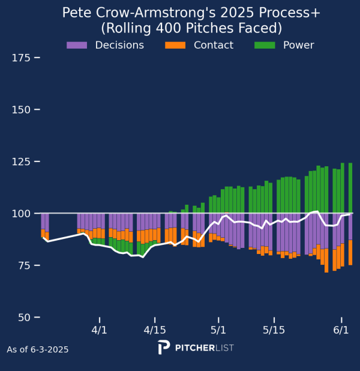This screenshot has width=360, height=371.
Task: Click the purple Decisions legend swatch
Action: pyautogui.click(x=77, y=45)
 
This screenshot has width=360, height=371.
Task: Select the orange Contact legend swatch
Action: pyautogui.click(x=175, y=45)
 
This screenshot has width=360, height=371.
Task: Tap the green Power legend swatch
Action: pyautogui.click(x=265, y=45)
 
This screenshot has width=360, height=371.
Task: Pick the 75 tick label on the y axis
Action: pyautogui.click(x=23, y=265)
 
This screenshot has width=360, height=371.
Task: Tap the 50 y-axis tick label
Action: pyautogui.click(x=23, y=317)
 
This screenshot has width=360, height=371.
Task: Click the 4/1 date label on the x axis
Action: pyautogui.click(x=100, y=330)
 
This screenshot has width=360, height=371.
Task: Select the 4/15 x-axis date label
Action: pyautogui.click(x=155, y=330)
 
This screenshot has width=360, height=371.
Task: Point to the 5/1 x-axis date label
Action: pyautogui.click(x=218, y=330)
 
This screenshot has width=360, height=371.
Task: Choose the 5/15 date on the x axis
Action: pyautogui.click(x=274, y=330)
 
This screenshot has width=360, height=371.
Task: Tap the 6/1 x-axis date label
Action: pyautogui.click(x=341, y=330)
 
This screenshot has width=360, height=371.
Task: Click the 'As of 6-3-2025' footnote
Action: pyautogui.click(x=38, y=349)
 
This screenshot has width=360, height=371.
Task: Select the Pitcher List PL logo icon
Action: pyautogui.click(x=163, y=348)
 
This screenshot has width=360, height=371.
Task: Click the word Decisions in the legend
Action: pyautogui.click(x=119, y=45)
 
